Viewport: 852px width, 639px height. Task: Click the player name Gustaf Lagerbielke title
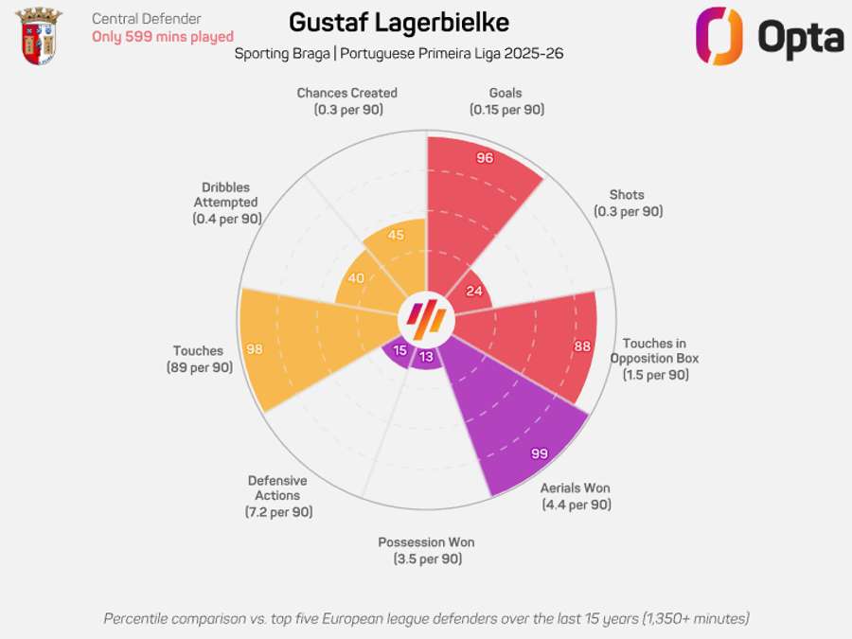(x=399, y=23)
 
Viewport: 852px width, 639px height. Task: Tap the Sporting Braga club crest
(x=40, y=36)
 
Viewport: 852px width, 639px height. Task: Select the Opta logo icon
(x=718, y=36)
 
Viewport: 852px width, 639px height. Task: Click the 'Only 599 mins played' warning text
(x=162, y=37)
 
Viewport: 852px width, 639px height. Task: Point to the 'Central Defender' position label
(x=146, y=18)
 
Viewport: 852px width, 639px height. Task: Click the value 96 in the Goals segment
(x=485, y=158)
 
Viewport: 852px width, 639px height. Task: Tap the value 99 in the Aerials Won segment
(x=540, y=454)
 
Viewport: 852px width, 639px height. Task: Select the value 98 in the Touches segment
(x=254, y=349)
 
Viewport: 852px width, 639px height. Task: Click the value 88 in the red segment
(x=582, y=346)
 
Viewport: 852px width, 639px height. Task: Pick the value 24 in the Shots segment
(x=474, y=291)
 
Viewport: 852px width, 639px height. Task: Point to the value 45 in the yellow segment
(x=396, y=236)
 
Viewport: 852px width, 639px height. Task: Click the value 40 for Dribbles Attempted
(x=356, y=278)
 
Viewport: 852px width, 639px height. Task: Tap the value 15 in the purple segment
(x=399, y=350)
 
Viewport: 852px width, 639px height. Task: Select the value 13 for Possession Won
(x=426, y=357)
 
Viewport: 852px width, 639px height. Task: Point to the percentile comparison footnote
(x=426, y=618)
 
